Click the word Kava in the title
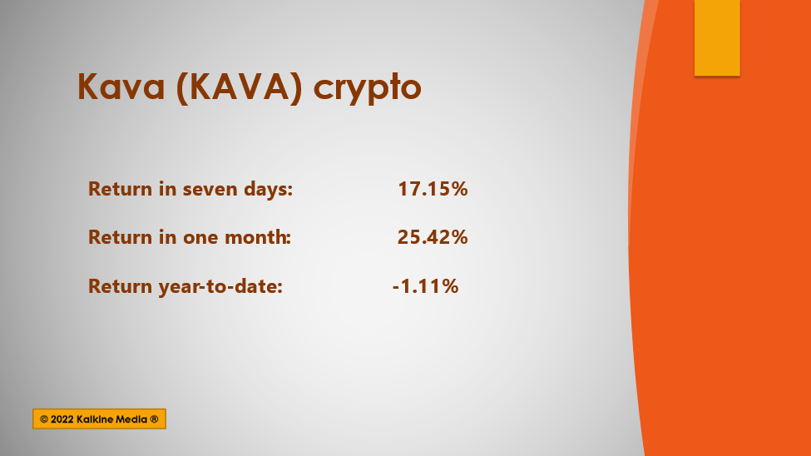(121, 86)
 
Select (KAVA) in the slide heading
(239, 87)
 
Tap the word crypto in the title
(367, 88)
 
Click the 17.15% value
(433, 188)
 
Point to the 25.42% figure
(433, 237)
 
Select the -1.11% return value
(425, 285)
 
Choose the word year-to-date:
(220, 286)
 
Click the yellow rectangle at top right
(717, 37)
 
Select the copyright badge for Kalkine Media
(99, 419)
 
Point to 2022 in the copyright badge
(62, 419)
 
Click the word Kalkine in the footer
(94, 419)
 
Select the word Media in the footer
(131, 419)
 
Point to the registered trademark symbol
(154, 419)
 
